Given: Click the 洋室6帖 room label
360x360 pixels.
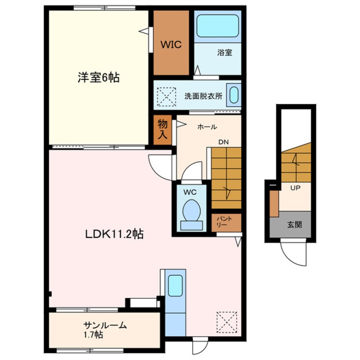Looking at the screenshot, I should [98, 77].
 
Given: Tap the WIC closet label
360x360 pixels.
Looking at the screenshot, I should [171, 44].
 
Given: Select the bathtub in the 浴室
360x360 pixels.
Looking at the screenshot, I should [217, 26].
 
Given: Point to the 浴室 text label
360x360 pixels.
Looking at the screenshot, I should [224, 53].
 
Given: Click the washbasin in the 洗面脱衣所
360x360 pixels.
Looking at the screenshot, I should [233, 95].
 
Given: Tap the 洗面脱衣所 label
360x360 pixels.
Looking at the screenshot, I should [203, 96].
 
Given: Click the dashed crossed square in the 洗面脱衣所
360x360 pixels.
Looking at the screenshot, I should [166, 97].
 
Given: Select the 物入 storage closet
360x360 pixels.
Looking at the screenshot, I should [163, 129].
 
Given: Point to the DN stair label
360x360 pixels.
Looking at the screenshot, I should [224, 143].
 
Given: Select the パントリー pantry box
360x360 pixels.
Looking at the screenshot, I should [226, 222].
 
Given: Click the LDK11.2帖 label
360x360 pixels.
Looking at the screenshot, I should [113, 234].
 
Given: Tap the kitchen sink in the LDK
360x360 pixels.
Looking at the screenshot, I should [175, 286].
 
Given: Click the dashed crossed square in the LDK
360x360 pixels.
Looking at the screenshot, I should [226, 322].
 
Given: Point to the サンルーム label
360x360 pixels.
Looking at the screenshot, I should [105, 326].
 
